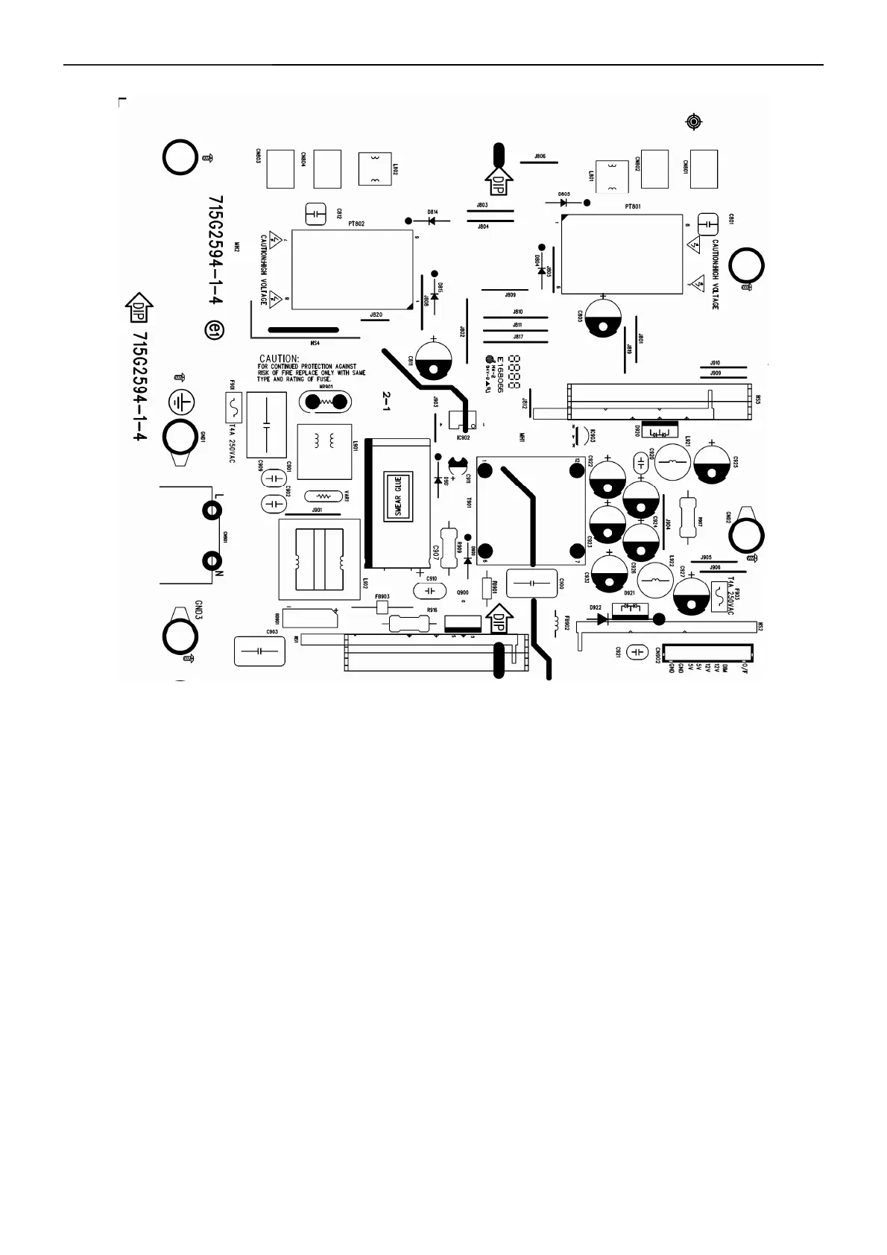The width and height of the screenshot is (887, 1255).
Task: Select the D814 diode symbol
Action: [432, 221]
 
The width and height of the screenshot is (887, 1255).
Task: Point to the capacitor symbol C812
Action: [316, 214]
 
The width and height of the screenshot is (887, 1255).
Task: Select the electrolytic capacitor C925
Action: [715, 463]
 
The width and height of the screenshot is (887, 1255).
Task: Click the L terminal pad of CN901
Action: [212, 511]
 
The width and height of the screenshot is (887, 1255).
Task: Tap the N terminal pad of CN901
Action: [212, 560]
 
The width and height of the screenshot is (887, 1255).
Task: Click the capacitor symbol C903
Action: [259, 651]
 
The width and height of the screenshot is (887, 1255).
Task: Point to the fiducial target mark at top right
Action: [694, 121]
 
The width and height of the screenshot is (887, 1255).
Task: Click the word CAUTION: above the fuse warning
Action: [279, 359]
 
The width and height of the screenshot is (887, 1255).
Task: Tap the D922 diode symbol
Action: [598, 617]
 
